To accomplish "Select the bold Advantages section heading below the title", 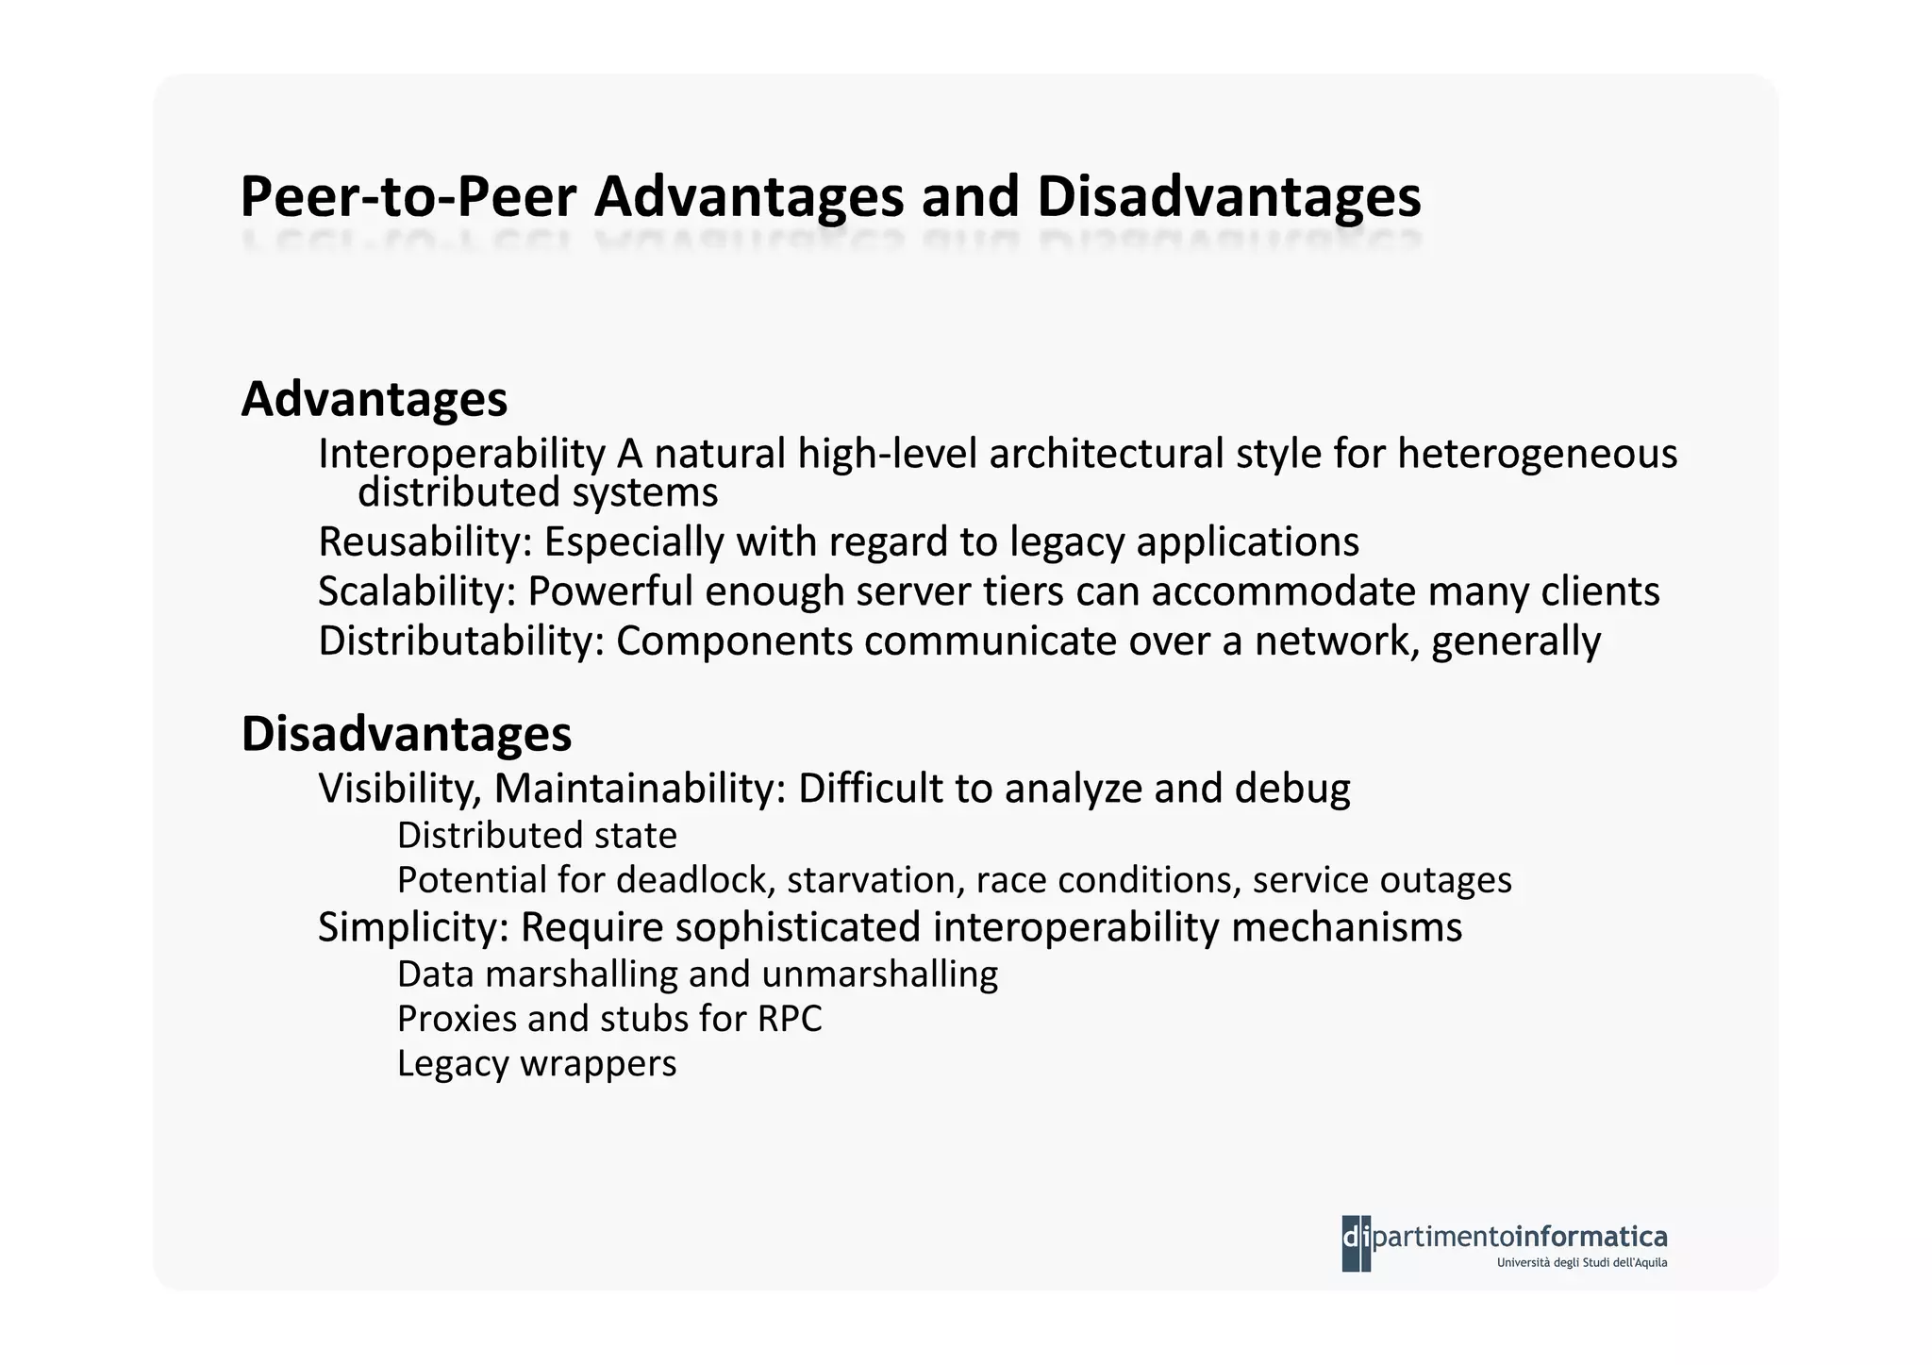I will click(x=375, y=399).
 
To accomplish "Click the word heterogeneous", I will click(x=1537, y=453).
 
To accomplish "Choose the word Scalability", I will click(x=417, y=591).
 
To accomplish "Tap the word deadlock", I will click(x=695, y=880).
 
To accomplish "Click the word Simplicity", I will click(x=413, y=927).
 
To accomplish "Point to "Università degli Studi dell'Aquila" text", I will click(x=1581, y=1263).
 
